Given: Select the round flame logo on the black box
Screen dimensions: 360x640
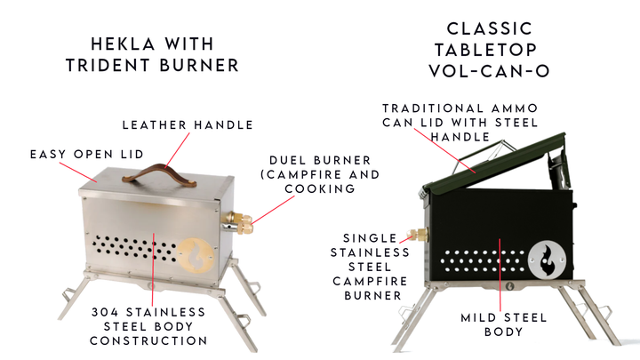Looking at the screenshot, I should pos(547,259).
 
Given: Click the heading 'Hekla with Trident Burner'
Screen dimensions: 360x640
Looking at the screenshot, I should pos(167,54).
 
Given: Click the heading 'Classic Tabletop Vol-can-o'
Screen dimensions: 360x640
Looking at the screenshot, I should pos(490,50).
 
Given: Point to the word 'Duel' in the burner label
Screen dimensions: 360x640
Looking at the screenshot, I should pos(287,160).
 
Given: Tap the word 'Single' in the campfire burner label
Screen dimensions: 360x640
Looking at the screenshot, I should pos(377,237).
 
